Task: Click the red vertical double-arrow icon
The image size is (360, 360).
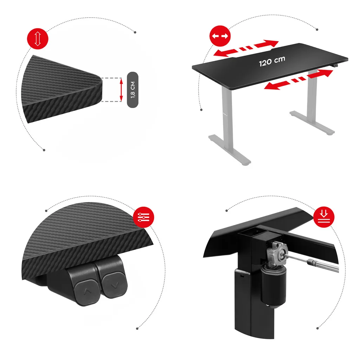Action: [38, 39]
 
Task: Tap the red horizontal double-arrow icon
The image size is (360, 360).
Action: [220, 36]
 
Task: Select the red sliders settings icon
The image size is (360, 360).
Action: [143, 217]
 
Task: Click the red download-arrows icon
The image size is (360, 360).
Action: [324, 217]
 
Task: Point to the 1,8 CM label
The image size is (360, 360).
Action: [133, 90]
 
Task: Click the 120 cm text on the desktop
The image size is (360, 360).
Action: [272, 61]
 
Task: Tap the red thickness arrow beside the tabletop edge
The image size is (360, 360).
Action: [121, 90]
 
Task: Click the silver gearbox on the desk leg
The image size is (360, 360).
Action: [276, 254]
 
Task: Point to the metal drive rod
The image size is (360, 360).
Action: [312, 262]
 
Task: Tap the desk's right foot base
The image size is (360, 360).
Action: [312, 123]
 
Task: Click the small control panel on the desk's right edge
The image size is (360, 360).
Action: [336, 66]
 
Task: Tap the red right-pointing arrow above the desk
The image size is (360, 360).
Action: [266, 44]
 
